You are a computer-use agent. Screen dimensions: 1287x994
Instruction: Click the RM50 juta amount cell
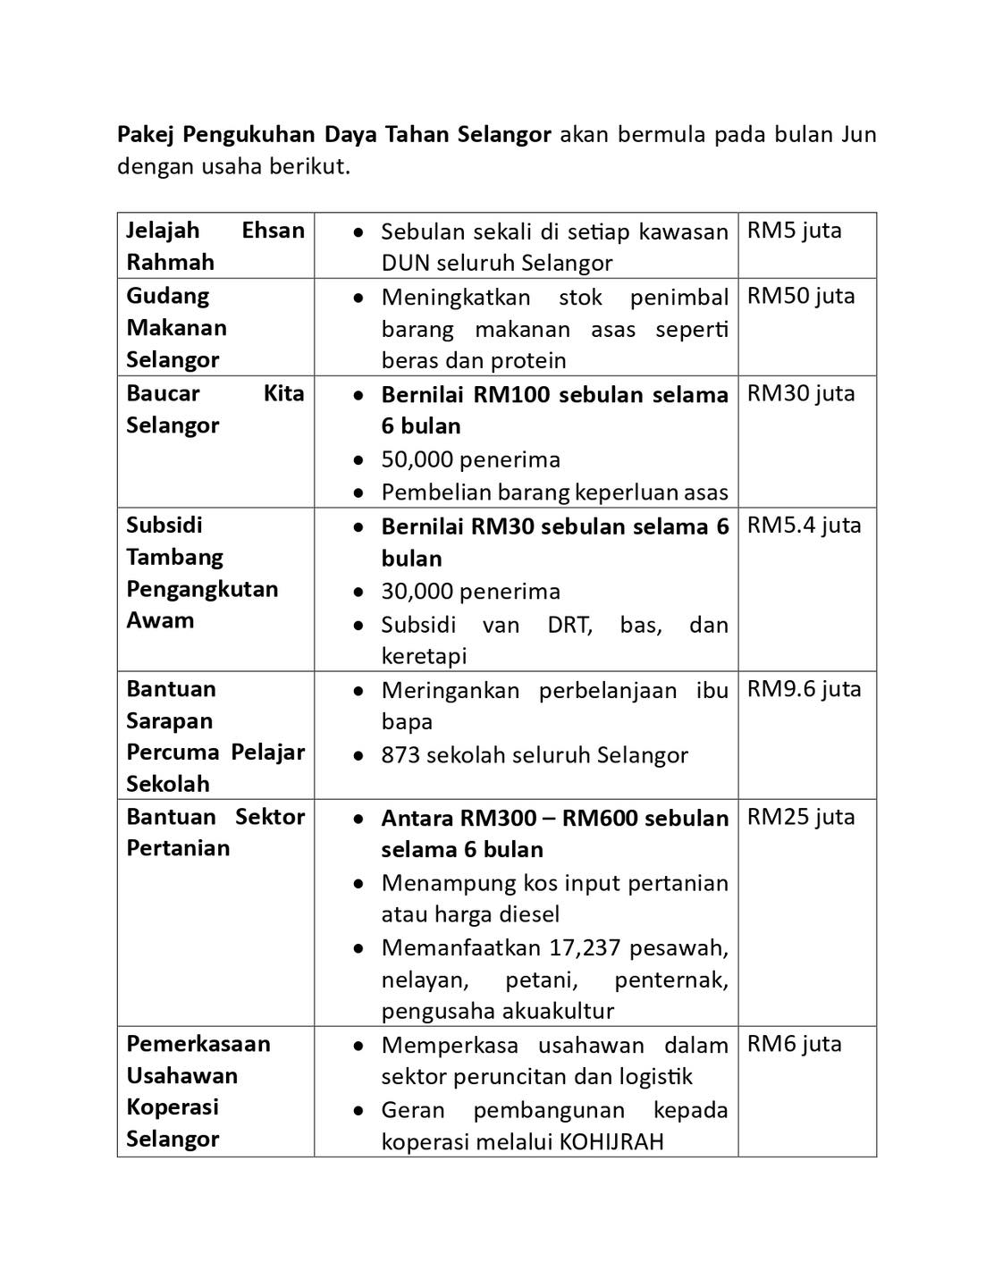click(801, 297)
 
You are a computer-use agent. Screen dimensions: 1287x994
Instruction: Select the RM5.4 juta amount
click(804, 526)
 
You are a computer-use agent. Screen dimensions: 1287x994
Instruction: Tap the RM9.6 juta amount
click(804, 689)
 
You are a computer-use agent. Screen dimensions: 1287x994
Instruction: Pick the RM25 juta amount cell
click(801, 817)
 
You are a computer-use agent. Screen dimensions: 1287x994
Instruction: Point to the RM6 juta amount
click(794, 1044)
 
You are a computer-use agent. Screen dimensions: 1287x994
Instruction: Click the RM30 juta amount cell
click(801, 394)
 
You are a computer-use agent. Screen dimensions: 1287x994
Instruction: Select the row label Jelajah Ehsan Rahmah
click(215, 246)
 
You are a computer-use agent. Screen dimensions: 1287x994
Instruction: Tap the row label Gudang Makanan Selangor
click(176, 327)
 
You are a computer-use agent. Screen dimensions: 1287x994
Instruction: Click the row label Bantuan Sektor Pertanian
click(215, 832)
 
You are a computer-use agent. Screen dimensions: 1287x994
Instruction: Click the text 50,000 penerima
click(470, 459)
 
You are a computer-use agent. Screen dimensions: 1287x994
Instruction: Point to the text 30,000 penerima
click(470, 592)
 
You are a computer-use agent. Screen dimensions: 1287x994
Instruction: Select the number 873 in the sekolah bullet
click(400, 755)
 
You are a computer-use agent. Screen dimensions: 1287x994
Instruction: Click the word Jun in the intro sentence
click(858, 135)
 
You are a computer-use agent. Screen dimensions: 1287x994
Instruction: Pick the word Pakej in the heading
click(147, 135)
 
